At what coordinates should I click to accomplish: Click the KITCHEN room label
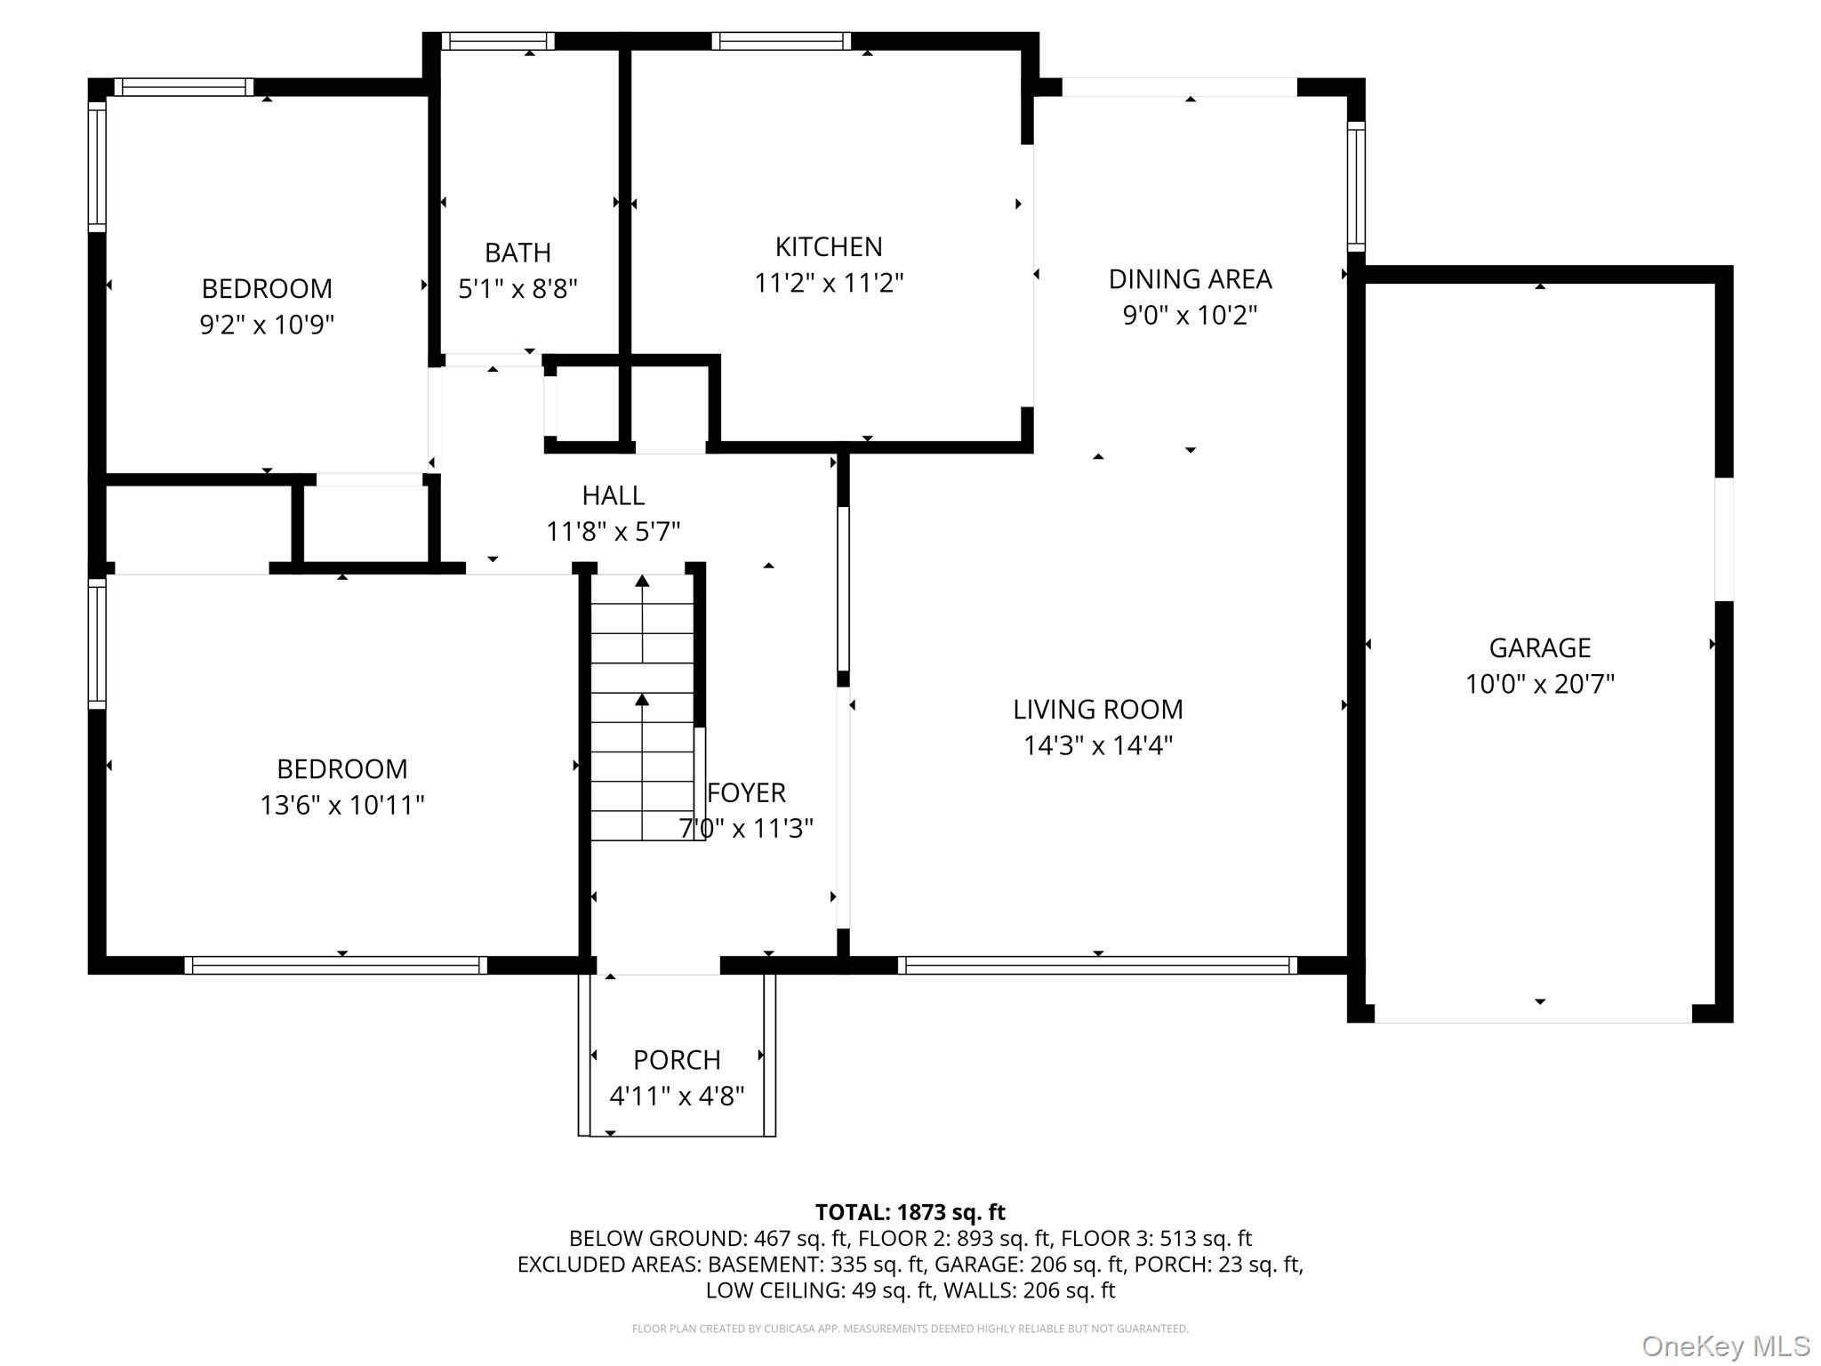tap(828, 246)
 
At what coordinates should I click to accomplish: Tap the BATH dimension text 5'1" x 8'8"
tap(517, 289)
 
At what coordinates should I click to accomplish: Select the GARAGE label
tap(1539, 647)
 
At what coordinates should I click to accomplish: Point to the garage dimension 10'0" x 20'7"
tap(1539, 684)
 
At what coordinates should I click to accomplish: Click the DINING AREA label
tap(1190, 279)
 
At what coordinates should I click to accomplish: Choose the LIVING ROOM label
tap(1097, 709)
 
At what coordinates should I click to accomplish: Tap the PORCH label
tap(676, 1060)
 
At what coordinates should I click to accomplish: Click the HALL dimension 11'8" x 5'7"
tap(613, 532)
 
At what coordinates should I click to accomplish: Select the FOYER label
tap(746, 792)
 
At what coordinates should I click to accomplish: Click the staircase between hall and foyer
tap(642, 707)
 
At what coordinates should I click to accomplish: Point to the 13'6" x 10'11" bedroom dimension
tap(341, 805)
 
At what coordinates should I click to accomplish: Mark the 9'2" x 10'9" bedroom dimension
tap(266, 325)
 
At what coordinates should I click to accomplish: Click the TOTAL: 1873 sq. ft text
tap(910, 1212)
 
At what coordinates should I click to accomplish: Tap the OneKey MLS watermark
tap(1725, 1346)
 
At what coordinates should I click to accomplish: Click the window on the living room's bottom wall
tap(1097, 965)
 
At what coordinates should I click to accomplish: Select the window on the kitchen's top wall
tap(781, 41)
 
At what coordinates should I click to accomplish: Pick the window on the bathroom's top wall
tap(498, 41)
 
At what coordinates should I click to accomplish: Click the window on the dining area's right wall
tap(1355, 187)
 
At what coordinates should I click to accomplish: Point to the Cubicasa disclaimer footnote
tap(910, 1329)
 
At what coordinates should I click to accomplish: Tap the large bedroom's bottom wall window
tap(335, 965)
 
